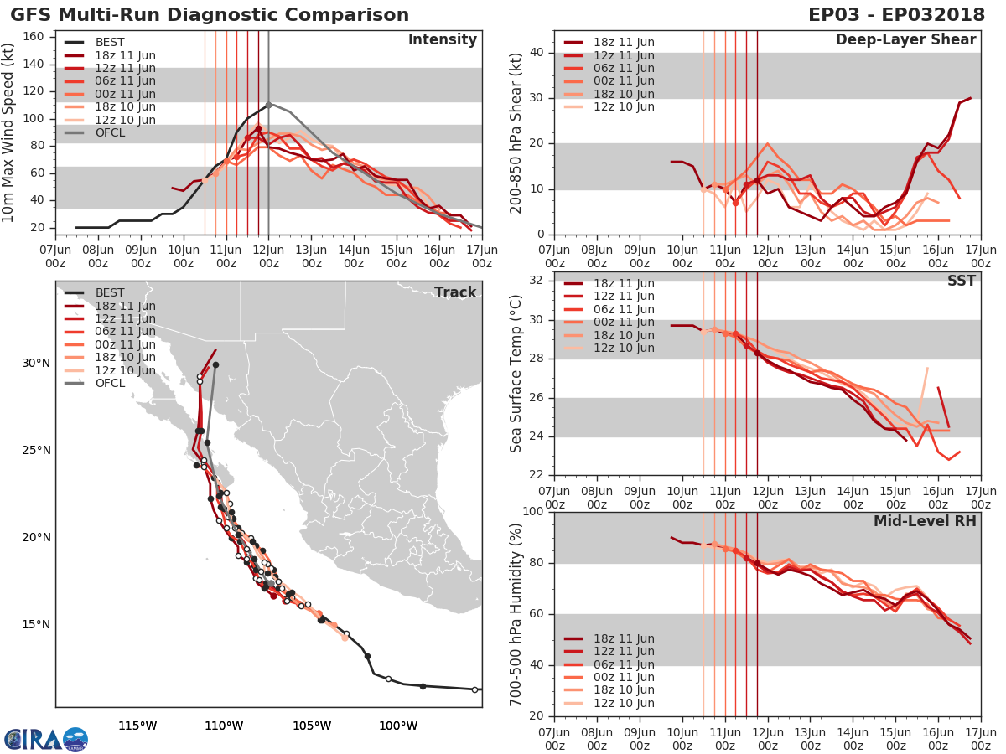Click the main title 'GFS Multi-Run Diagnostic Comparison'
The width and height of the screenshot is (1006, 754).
click(x=210, y=15)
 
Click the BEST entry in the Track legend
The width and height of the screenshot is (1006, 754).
click(x=110, y=293)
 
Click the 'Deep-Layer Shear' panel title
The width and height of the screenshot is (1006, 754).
click(x=905, y=40)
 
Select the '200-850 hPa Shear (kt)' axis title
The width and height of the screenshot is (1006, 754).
click(x=516, y=132)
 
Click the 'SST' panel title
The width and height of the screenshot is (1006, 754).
click(x=962, y=281)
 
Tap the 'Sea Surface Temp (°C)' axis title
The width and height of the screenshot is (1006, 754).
click(x=516, y=374)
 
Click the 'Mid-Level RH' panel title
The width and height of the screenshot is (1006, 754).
click(x=925, y=521)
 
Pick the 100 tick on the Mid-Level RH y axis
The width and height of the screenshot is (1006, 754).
click(x=534, y=511)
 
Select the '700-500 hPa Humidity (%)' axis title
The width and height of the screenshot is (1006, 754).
click(x=516, y=613)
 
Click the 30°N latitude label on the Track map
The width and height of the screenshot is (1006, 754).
click(x=36, y=364)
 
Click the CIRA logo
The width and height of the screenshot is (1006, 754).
click(x=45, y=739)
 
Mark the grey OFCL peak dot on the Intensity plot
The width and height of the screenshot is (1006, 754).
click(x=268, y=105)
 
